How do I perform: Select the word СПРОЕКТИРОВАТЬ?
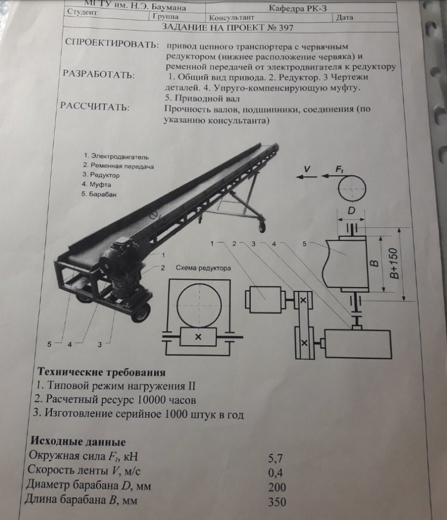coord(112,44)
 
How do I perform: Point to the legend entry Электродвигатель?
coord(116,155)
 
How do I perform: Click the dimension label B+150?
coord(393,263)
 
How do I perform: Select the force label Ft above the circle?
coord(341,168)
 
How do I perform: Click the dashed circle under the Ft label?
coord(351,188)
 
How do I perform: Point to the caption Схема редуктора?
coord(203,267)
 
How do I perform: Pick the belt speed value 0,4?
coord(275,473)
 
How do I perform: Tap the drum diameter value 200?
coord(276,487)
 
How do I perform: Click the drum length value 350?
coord(276,503)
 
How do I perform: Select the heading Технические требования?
coord(101,373)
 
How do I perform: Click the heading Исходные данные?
coord(77,442)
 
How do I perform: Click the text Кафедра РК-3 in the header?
coord(303,7)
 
